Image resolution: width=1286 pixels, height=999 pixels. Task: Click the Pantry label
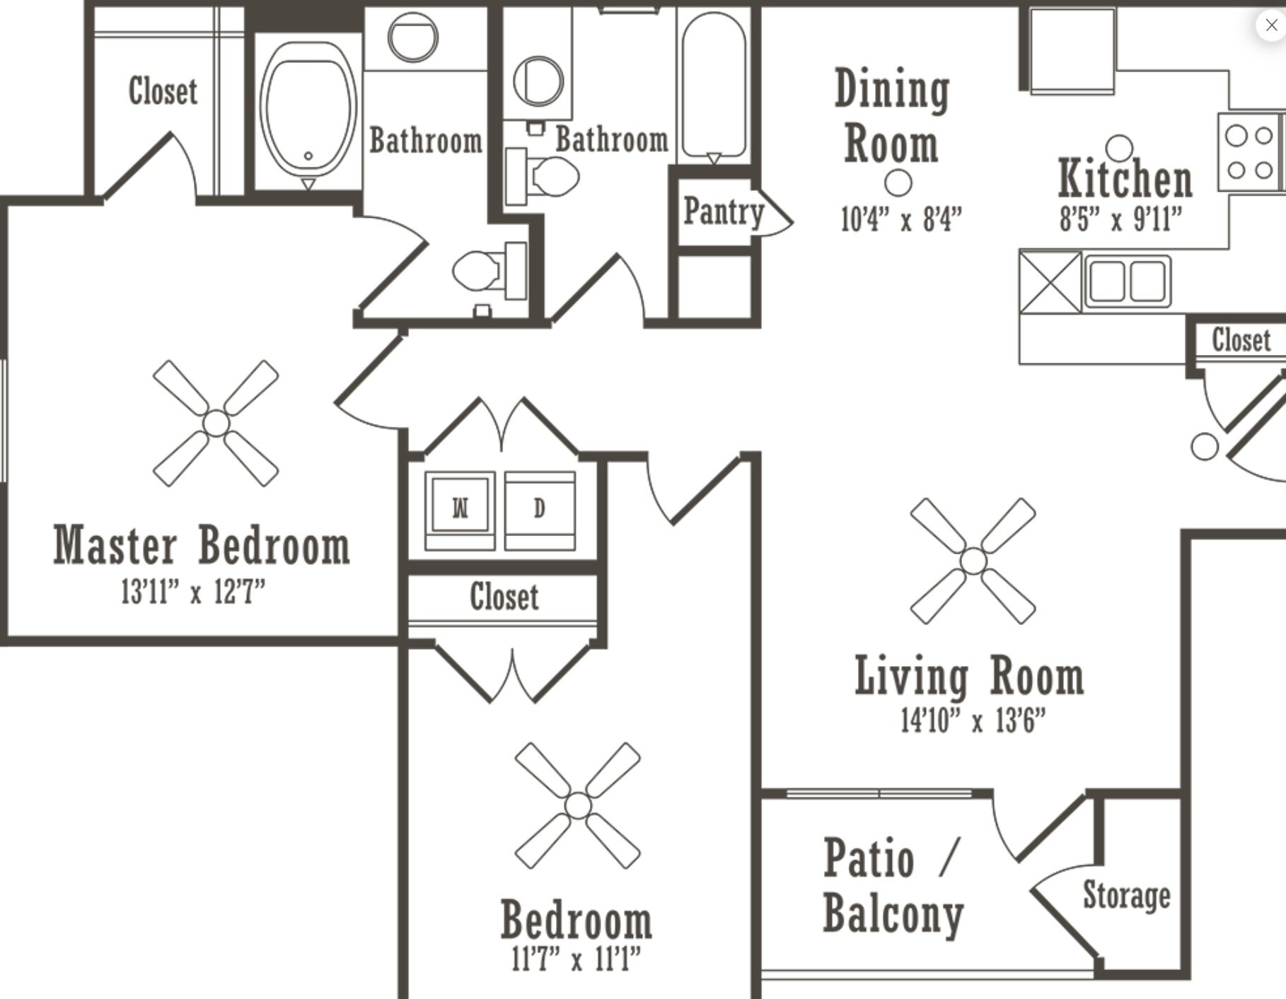click(723, 211)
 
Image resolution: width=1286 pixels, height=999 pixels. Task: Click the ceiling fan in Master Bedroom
click(216, 423)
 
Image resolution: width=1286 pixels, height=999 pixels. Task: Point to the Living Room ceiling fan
click(973, 561)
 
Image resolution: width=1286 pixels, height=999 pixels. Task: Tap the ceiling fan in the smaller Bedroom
click(578, 805)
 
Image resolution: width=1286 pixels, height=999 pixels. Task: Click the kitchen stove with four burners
click(1249, 152)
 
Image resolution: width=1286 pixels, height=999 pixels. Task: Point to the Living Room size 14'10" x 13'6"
click(973, 721)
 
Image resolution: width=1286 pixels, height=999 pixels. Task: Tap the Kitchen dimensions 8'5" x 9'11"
click(1120, 219)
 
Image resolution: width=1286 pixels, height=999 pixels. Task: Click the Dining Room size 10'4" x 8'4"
click(900, 219)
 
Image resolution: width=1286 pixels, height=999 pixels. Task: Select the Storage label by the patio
click(1126, 895)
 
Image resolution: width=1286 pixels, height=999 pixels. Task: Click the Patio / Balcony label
click(893, 886)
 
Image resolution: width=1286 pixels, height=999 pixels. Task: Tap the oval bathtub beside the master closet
click(308, 110)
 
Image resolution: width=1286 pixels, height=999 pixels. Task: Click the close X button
click(1271, 25)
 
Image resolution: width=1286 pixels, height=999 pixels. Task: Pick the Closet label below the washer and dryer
click(504, 597)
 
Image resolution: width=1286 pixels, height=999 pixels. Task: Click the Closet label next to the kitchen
click(1241, 340)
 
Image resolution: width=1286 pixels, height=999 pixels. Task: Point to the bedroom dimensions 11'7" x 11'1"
click(576, 959)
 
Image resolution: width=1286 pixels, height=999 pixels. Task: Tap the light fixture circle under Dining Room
click(898, 182)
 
